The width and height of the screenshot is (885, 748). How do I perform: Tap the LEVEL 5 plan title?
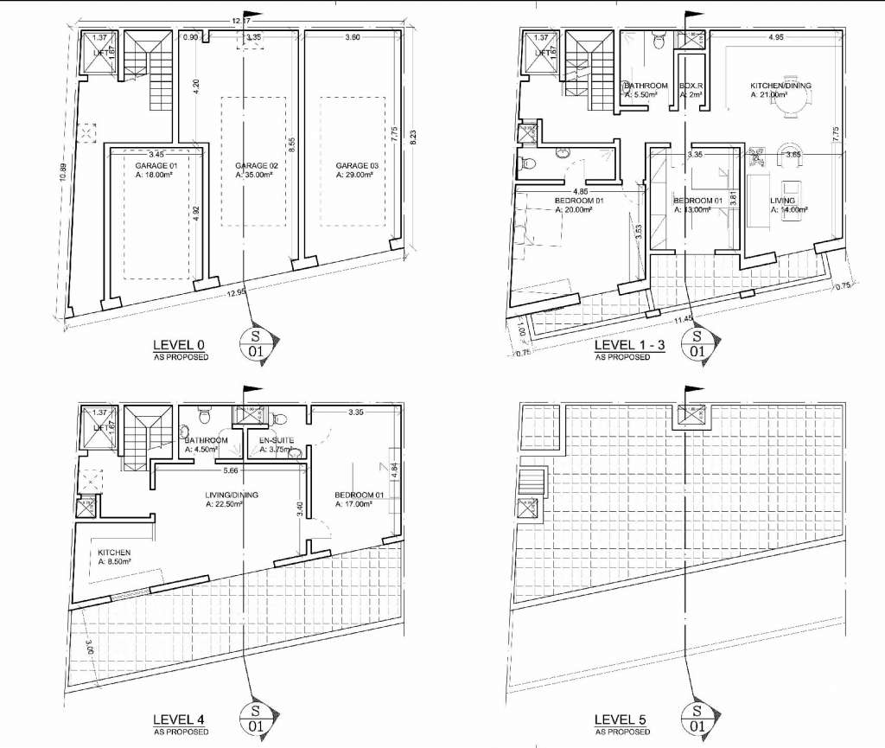(622, 719)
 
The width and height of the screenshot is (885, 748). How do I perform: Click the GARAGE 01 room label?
(156, 165)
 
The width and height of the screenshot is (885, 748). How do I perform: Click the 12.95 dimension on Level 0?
(235, 293)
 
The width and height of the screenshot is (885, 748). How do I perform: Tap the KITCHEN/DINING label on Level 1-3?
(780, 86)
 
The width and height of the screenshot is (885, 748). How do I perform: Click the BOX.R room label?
(690, 86)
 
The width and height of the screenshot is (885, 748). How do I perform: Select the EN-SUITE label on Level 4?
(277, 440)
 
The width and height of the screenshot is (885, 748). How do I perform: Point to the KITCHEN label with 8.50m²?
(114, 552)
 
